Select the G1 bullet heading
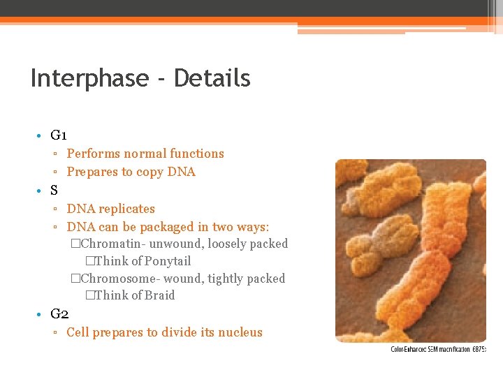point(59,135)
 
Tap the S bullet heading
point(54,190)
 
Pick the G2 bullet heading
point(59,313)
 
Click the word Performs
point(94,154)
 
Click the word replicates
point(126,209)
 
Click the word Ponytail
point(168,261)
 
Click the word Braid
point(159,295)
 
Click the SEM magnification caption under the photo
point(438,349)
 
